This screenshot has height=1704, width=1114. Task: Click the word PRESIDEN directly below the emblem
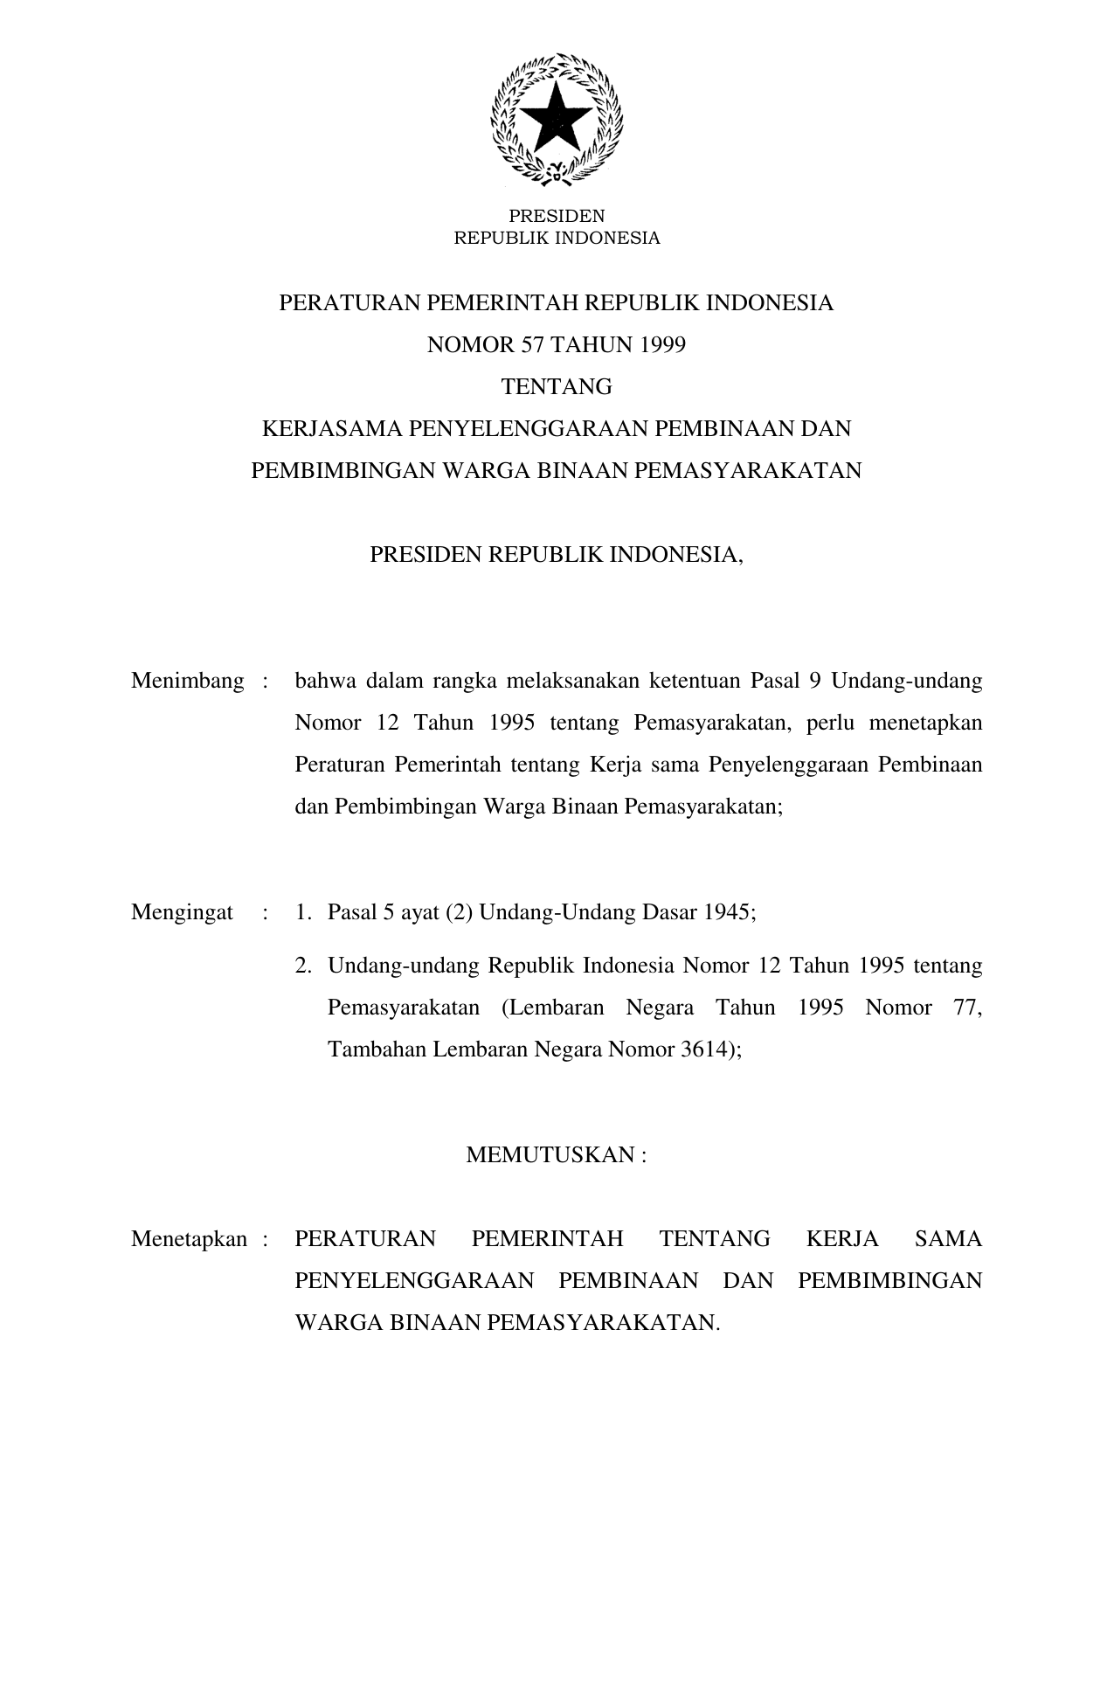[557, 216]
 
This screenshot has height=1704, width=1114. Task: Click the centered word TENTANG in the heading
[557, 387]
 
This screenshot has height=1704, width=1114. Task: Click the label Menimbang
[187, 682]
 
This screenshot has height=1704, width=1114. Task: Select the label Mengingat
[182, 913]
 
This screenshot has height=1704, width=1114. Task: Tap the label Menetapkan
[190, 1239]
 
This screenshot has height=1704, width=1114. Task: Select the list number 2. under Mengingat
[303, 966]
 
